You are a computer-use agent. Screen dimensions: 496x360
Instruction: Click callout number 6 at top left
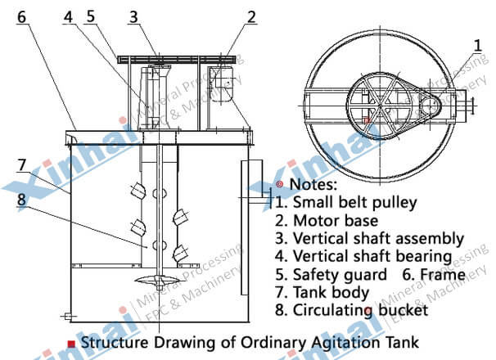[21, 16]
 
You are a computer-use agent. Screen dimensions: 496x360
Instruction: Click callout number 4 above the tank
[68, 16]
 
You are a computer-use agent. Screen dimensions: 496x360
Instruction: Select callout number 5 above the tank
[91, 16]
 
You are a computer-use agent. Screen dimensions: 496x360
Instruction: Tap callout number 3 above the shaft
[133, 17]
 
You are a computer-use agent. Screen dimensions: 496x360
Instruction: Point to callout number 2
[251, 17]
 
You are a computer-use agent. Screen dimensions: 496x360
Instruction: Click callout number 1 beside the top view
[478, 46]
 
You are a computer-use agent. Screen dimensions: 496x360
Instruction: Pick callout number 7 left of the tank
[21, 165]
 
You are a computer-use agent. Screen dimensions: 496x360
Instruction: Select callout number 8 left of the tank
[21, 200]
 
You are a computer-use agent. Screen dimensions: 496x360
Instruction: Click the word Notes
[313, 184]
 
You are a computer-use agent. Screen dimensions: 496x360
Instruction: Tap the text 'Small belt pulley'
[355, 203]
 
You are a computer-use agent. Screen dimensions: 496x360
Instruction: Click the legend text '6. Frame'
[433, 274]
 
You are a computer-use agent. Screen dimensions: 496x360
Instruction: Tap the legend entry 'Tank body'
[331, 293]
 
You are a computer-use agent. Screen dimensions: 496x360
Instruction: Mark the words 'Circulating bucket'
[361, 310]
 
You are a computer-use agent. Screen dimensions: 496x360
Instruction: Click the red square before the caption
[72, 344]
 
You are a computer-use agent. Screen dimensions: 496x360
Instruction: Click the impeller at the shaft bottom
[160, 281]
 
